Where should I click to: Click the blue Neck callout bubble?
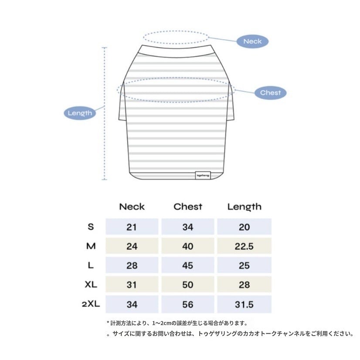[252, 41]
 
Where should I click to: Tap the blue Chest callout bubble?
[270, 92]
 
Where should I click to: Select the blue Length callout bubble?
[80, 113]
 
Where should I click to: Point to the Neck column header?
[132, 207]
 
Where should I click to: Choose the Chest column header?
[188, 207]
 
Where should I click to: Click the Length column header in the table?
[244, 207]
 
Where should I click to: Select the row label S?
[91, 227]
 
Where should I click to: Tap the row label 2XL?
[90, 304]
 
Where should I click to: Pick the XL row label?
[91, 285]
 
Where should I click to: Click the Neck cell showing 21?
[132, 227]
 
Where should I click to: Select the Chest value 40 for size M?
[188, 246]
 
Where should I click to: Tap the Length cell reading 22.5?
[244, 246]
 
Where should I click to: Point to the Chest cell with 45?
[188, 265]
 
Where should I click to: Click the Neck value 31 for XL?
[132, 285]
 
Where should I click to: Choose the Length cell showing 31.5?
[244, 304]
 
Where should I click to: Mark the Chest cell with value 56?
[188, 304]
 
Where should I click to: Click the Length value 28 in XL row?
[244, 285]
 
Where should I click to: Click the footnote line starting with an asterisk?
[177, 323]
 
